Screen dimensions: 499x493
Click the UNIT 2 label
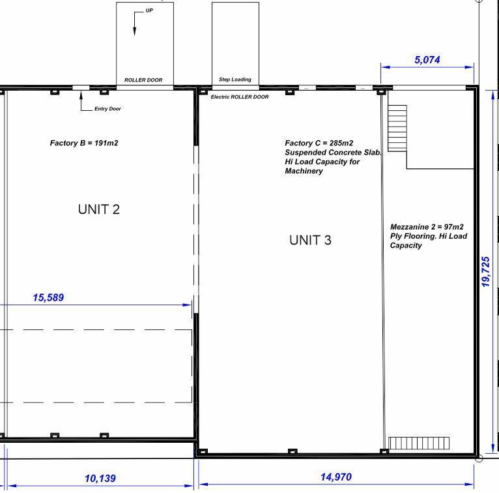[98, 209]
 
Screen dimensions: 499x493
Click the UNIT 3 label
[310, 240]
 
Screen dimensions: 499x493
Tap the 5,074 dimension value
[427, 60]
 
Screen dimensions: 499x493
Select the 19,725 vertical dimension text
[485, 272]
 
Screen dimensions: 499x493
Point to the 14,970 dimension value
[336, 477]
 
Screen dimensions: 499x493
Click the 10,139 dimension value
[100, 478]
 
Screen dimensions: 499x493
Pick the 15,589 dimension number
[48, 297]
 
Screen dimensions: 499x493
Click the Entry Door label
[107, 109]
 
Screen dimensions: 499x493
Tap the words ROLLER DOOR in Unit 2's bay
[143, 80]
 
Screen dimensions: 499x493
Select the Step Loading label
[235, 80]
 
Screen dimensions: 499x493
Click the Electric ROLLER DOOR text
[240, 97]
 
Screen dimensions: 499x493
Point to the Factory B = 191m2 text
[84, 143]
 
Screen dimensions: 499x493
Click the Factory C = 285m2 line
[319, 143]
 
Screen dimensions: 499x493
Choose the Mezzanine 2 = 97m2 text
[427, 227]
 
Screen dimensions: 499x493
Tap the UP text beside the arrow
[149, 10]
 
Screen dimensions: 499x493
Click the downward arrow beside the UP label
[135, 24]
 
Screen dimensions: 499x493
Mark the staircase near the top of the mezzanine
[397, 128]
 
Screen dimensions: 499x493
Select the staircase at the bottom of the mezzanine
[419, 443]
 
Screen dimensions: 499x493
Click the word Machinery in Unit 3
[304, 171]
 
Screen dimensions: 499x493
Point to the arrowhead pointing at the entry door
[81, 95]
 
